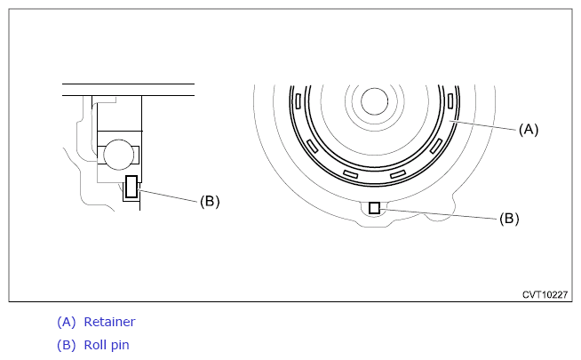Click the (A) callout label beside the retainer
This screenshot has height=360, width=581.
529,130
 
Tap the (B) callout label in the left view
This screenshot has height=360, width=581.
210,201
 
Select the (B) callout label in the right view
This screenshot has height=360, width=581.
509,219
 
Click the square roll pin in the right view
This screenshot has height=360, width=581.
374,208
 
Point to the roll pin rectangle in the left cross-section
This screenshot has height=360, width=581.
131,187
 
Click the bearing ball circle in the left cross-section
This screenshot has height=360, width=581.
118,155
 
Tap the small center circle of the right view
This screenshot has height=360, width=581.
374,101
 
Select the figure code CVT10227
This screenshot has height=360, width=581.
545,295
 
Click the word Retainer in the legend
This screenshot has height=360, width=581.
109,322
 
